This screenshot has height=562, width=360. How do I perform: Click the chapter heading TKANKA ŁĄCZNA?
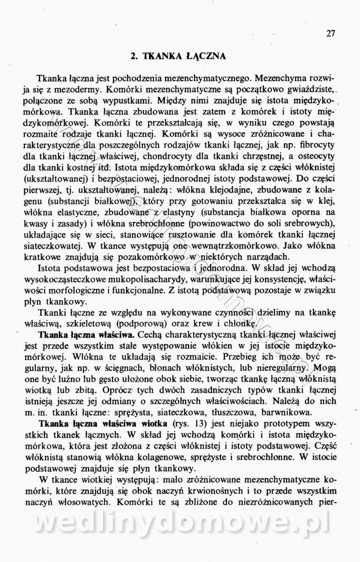(179, 56)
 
